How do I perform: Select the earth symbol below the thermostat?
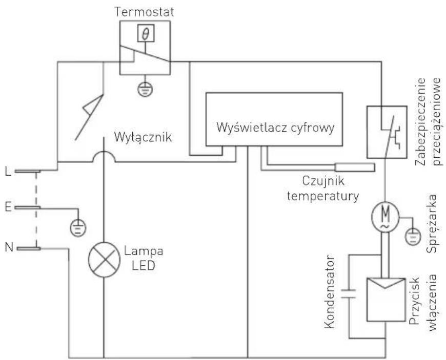145,89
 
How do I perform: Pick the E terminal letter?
7,207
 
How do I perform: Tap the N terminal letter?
7,248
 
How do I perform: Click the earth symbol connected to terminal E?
78,226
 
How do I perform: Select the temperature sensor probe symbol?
354,166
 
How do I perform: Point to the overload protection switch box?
387,132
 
